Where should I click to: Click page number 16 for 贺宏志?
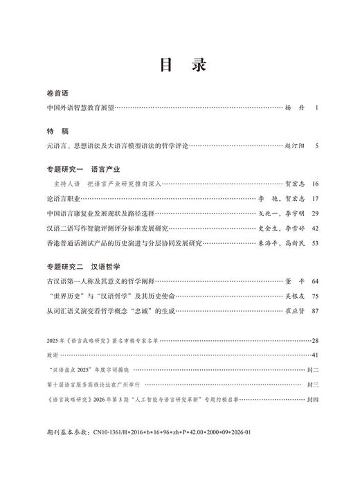(316, 184)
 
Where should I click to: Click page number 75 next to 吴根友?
(316, 296)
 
